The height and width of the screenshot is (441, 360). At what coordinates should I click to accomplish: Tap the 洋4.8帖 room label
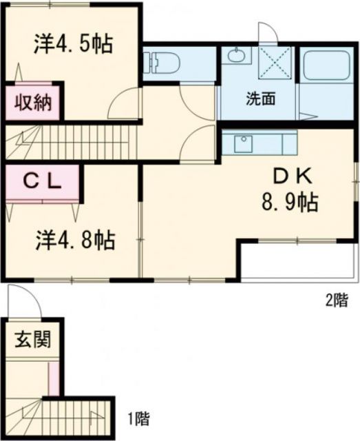click(75, 240)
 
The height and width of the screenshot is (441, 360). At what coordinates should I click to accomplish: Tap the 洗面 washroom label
click(262, 98)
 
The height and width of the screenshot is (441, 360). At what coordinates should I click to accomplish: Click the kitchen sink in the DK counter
click(243, 145)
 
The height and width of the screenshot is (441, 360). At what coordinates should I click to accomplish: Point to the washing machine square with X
click(275, 64)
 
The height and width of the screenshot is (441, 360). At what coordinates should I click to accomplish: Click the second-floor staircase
click(69, 143)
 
